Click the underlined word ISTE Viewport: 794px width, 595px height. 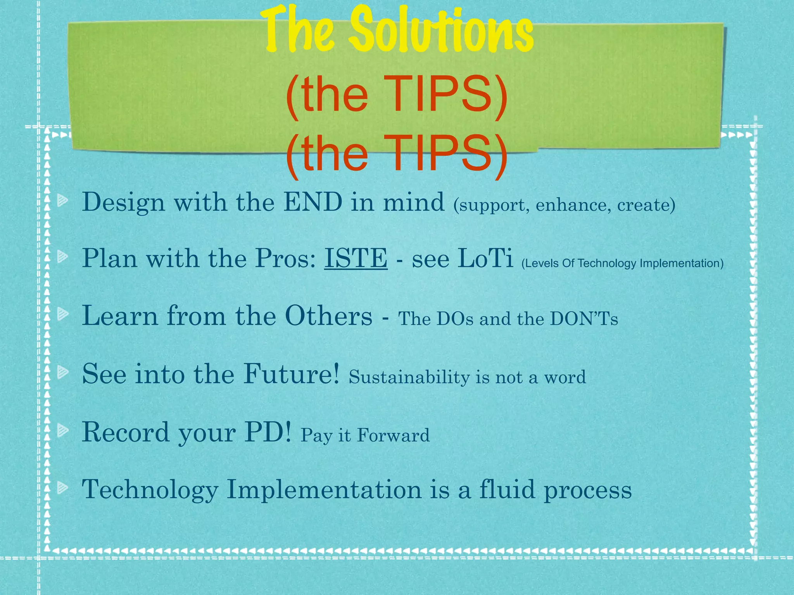tap(356, 258)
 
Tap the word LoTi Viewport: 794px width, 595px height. tap(485, 258)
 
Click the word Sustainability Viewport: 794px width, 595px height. tap(409, 377)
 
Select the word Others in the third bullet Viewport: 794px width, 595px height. tap(328, 316)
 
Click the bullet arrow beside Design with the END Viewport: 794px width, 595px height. tap(62, 201)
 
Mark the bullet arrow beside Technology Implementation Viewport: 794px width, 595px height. tap(62, 488)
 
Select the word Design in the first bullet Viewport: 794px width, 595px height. tap(123, 203)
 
